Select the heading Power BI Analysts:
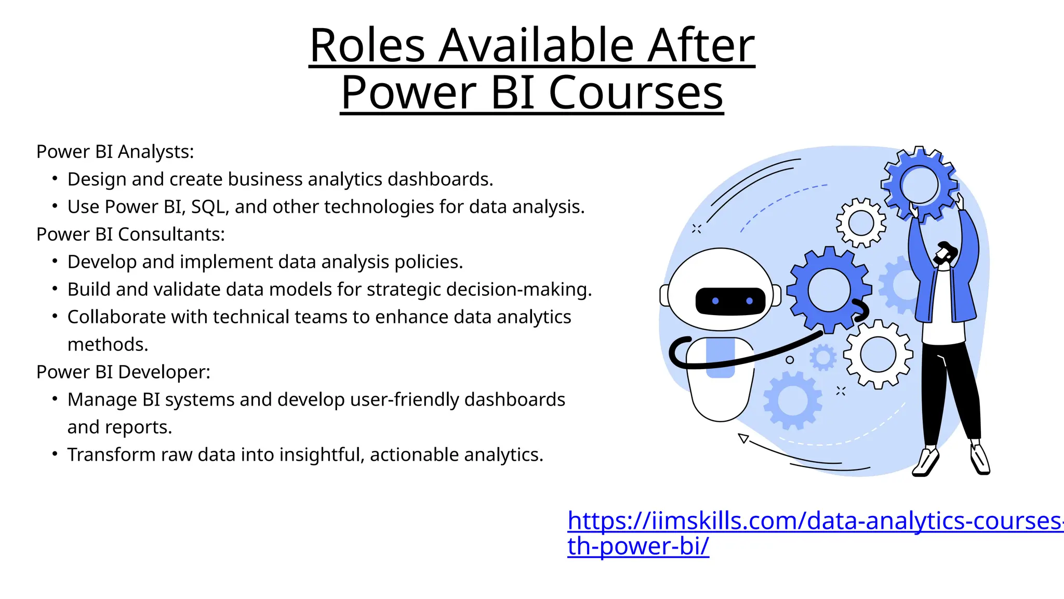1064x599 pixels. coord(115,152)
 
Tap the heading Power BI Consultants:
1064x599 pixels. coord(130,235)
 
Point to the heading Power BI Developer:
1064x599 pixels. coord(123,372)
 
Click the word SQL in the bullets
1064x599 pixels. coord(209,207)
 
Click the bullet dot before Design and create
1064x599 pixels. coord(55,179)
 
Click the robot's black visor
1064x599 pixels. coord(730,301)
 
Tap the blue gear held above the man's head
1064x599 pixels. coord(919,184)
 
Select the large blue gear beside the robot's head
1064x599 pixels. coord(829,290)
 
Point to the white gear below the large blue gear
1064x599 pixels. coord(877,354)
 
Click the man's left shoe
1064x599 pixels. coord(925,462)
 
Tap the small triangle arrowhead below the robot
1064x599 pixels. coord(743,438)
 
